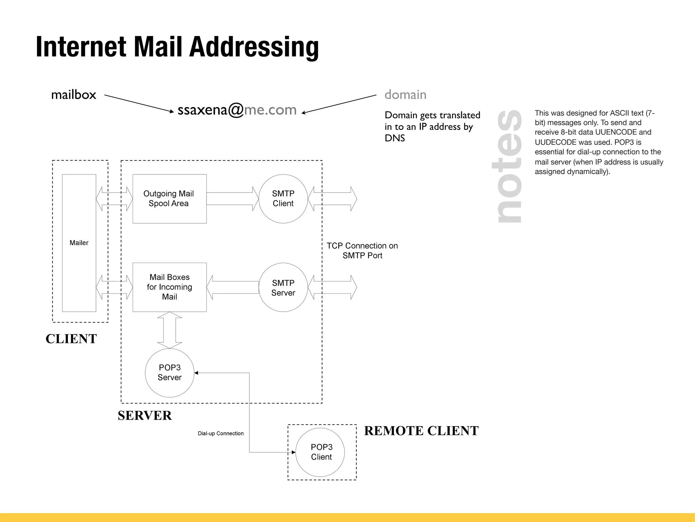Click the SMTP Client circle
pyautogui.click(x=283, y=199)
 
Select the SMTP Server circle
pyautogui.click(x=283, y=288)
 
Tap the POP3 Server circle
pyautogui.click(x=169, y=373)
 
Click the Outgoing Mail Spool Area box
pyautogui.click(x=169, y=199)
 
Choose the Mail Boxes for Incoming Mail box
pyautogui.click(x=169, y=287)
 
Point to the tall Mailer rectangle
pyautogui.click(x=79, y=243)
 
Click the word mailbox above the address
pyautogui.click(x=74, y=95)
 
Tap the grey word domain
pyautogui.click(x=405, y=95)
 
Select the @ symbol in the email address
pyautogui.click(x=236, y=110)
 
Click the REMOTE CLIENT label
pyautogui.click(x=421, y=431)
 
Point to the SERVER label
pyautogui.click(x=145, y=416)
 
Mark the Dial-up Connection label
pyautogui.click(x=221, y=434)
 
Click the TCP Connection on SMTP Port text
pyautogui.click(x=362, y=250)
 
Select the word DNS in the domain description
pyautogui.click(x=395, y=138)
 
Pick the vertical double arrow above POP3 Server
pyautogui.click(x=170, y=330)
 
